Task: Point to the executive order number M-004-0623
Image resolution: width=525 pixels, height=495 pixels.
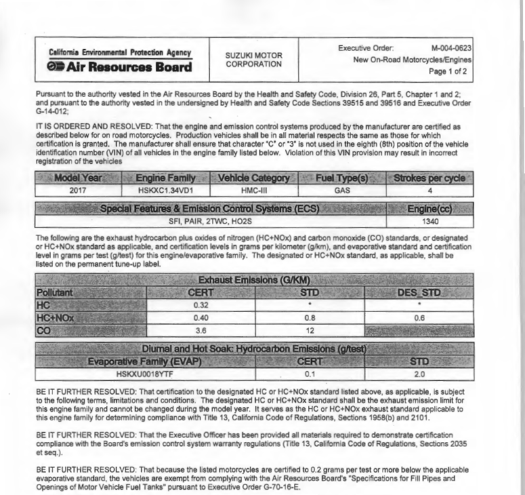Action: point(451,49)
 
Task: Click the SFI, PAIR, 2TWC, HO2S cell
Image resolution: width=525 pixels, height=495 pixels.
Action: point(211,221)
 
